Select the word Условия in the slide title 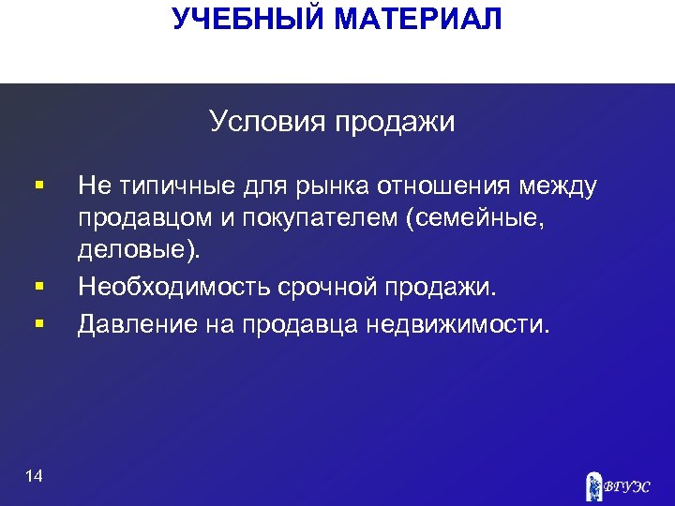[x=264, y=122]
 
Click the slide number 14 [x=34, y=476]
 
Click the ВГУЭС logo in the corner [x=618, y=485]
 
